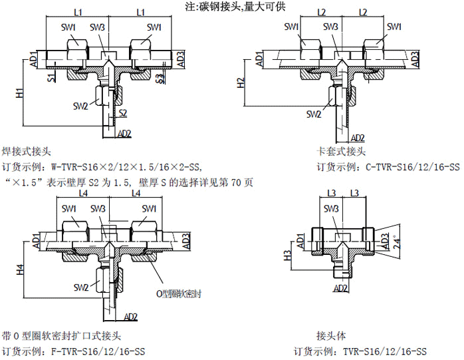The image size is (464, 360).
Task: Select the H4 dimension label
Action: coord(19,271)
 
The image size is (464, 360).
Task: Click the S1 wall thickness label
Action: coord(51,79)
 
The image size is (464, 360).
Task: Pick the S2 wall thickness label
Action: coord(122,114)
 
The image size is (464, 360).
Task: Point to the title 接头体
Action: coord(330,336)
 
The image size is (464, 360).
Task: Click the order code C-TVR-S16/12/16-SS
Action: coord(413,166)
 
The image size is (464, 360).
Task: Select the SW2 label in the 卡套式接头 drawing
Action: coord(313,114)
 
